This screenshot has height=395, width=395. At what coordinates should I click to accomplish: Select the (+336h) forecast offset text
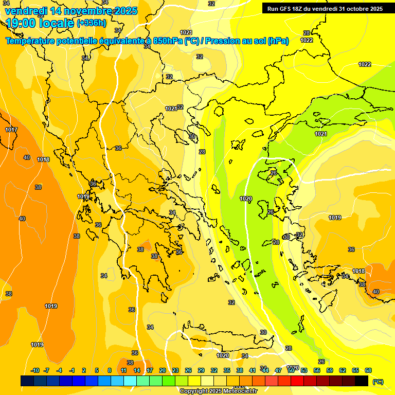click(x=91, y=23)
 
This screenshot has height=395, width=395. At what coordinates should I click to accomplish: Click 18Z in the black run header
click(x=300, y=8)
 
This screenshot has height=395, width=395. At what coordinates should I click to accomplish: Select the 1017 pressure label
click(x=11, y=130)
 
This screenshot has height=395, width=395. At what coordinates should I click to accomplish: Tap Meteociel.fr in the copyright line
click(x=238, y=391)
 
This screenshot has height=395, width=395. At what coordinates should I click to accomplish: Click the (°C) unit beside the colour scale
click(x=377, y=381)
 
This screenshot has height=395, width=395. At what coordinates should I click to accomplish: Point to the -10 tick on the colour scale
click(x=35, y=370)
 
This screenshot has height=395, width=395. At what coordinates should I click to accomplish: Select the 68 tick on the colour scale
click(x=368, y=370)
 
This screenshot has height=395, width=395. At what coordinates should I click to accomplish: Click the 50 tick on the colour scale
click(x=291, y=370)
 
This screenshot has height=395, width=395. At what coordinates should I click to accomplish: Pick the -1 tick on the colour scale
click(x=71, y=370)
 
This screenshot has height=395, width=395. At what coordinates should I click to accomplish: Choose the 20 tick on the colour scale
click(x=163, y=370)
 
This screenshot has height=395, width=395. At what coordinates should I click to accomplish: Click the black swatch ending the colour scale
click(x=362, y=381)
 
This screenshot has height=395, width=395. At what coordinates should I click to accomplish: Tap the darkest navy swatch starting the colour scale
click(x=27, y=381)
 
